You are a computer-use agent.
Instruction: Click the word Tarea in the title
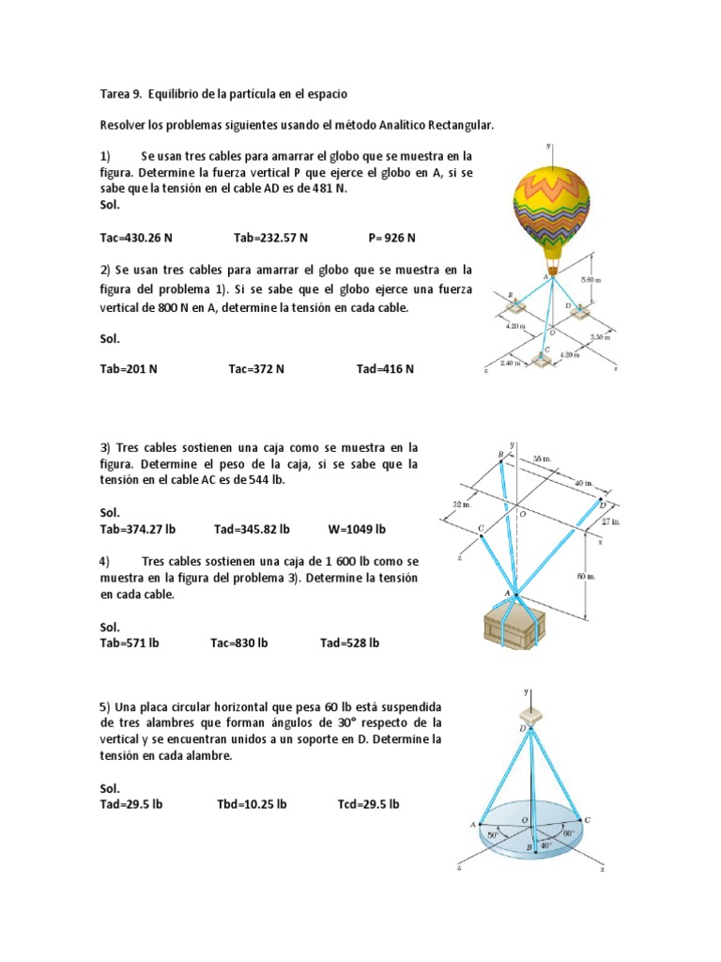(116, 95)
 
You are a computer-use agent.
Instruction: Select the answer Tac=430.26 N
(136, 239)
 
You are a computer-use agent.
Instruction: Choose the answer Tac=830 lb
(239, 644)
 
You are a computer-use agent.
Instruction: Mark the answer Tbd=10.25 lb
(252, 804)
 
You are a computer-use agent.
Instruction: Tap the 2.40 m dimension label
(511, 364)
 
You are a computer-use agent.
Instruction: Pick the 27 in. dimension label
(611, 520)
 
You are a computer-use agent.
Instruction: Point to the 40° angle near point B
(546, 845)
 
